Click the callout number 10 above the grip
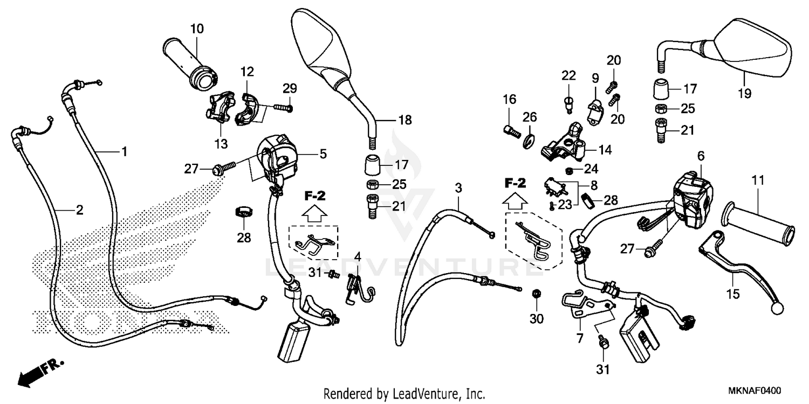click(197, 29)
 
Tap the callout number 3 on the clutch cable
click(458, 188)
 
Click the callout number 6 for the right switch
click(701, 155)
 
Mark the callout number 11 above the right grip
click(758, 181)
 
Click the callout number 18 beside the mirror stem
click(404, 121)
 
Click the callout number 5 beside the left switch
click(323, 154)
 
